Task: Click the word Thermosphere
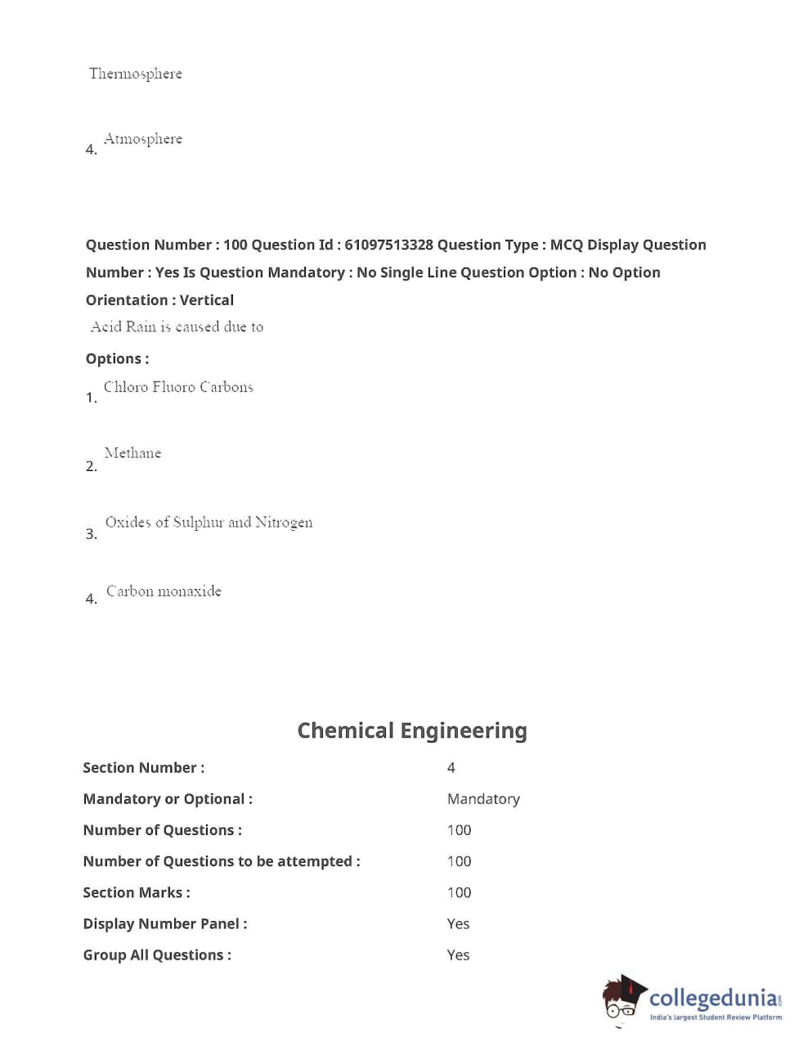[x=136, y=74]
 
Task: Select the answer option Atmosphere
[x=143, y=139]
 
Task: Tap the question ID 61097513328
[x=388, y=245]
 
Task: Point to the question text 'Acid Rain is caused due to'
[x=177, y=327]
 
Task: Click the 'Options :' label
[x=117, y=358]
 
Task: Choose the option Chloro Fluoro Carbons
[x=178, y=387]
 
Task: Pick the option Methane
[x=132, y=453]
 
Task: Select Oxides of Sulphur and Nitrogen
[x=209, y=523]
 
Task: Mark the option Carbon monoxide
[x=164, y=591]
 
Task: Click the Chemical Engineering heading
[x=411, y=730]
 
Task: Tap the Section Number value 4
[x=451, y=767]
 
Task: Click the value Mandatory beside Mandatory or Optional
[x=483, y=798]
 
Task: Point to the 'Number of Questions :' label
[x=162, y=830]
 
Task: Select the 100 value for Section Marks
[x=459, y=892]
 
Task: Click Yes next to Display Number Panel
[x=458, y=923]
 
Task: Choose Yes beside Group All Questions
[x=458, y=954]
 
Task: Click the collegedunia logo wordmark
[x=714, y=998]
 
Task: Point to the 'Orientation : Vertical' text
[x=159, y=300]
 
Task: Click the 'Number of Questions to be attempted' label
[x=221, y=861]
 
